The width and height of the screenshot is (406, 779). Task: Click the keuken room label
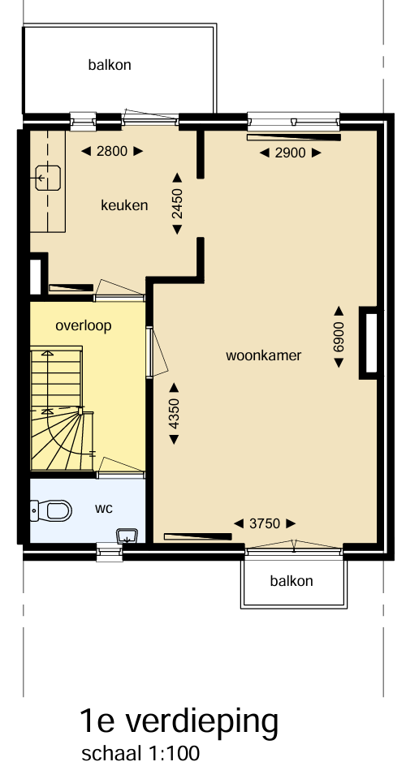pyautogui.click(x=124, y=205)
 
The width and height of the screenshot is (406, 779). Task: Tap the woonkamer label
pyautogui.click(x=263, y=355)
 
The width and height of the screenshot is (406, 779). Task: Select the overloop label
pyautogui.click(x=84, y=326)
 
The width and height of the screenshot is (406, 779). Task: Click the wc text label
pyautogui.click(x=104, y=509)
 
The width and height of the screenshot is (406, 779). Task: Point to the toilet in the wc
pyautogui.click(x=52, y=510)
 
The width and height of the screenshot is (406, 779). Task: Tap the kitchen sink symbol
pyautogui.click(x=48, y=179)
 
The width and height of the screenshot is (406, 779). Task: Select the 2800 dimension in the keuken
pyautogui.click(x=112, y=151)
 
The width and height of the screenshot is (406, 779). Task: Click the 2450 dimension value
pyautogui.click(x=177, y=203)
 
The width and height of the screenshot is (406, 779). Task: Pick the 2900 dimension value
pyautogui.click(x=290, y=153)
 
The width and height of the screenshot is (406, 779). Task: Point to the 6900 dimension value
pyautogui.click(x=339, y=337)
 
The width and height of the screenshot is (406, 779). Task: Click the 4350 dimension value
pyautogui.click(x=174, y=413)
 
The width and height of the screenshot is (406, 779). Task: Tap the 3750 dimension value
pyautogui.click(x=265, y=523)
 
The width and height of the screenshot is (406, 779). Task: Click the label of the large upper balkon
pyautogui.click(x=110, y=65)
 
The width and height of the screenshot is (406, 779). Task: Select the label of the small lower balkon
pyautogui.click(x=292, y=581)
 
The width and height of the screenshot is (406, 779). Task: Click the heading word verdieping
pyautogui.click(x=201, y=723)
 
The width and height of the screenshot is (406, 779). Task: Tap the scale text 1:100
pyautogui.click(x=174, y=753)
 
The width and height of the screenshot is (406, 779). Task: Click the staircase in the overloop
pyautogui.click(x=62, y=409)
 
